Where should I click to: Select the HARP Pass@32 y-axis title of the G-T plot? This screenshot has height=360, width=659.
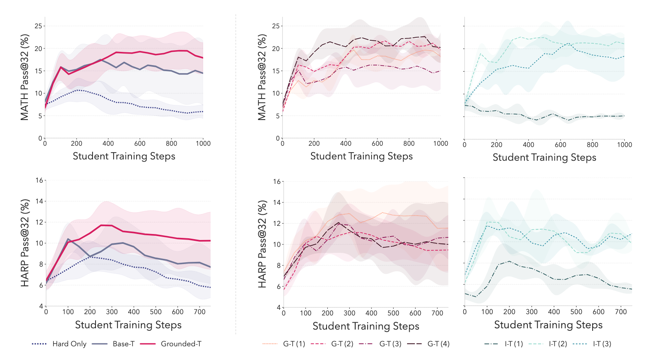(262, 244)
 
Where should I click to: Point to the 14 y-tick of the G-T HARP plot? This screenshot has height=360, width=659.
(276, 203)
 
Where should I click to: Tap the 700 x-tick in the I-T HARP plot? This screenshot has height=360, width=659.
(621, 312)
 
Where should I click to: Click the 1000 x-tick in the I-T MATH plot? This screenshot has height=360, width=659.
(624, 145)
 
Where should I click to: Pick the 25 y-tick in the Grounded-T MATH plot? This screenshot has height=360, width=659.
(39, 26)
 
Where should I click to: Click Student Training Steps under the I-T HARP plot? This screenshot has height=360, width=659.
(548, 325)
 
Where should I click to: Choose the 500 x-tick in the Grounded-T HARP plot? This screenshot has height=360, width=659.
(156, 312)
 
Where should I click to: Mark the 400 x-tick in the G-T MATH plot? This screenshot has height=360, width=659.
(346, 144)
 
